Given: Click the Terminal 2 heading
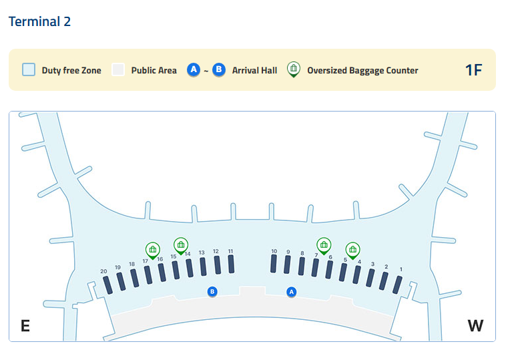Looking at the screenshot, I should [x=39, y=21].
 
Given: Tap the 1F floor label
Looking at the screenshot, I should [x=473, y=69].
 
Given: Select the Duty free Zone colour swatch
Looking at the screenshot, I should [x=29, y=69].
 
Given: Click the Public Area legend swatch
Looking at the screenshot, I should [x=118, y=69].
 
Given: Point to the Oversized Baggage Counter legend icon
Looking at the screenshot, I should [x=293, y=69].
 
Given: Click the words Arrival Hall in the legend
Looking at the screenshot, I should [x=254, y=70].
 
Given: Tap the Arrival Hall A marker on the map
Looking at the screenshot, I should [x=291, y=292].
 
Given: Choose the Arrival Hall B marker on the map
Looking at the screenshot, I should [x=212, y=291].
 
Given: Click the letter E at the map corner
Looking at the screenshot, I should [x=25, y=326].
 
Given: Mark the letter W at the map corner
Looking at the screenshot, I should [x=475, y=326].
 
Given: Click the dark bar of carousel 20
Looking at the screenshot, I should [x=107, y=285].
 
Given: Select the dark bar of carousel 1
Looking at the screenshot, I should [x=397, y=285].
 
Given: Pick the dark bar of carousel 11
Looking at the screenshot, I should [x=231, y=264].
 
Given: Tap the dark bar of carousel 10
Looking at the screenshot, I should [x=274, y=264].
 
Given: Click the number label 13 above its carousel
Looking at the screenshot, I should [x=202, y=252].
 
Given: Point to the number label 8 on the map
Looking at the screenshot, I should [x=302, y=253].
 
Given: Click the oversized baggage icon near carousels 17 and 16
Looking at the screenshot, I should [x=153, y=250].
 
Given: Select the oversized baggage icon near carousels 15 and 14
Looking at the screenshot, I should [x=180, y=244].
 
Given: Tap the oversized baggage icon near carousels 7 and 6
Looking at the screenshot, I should [x=324, y=244].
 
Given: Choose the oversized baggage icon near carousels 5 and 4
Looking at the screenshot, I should [x=352, y=250].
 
